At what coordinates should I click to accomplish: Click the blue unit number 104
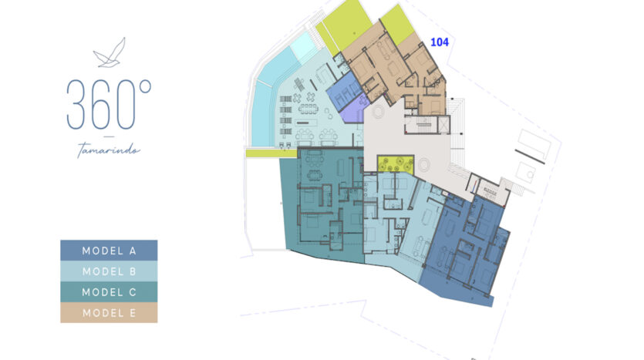440,42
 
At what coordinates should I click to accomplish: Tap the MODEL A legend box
109,251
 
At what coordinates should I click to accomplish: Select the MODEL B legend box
109,271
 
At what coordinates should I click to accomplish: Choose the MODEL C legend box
109,292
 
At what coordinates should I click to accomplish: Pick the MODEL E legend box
109,313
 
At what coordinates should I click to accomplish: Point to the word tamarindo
109,150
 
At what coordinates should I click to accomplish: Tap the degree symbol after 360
145,86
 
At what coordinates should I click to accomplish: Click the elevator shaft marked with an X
444,125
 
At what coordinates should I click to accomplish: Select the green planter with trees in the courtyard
395,164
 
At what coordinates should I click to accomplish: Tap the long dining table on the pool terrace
308,109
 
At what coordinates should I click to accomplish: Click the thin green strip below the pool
271,153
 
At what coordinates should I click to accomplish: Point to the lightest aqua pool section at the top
304,47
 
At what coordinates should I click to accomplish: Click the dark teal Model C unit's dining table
315,174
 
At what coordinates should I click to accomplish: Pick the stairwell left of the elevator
420,125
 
